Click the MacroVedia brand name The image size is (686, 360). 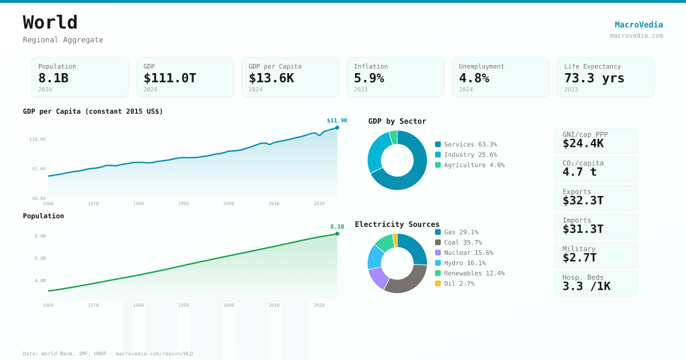[x=639, y=25]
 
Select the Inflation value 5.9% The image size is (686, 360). [x=369, y=78]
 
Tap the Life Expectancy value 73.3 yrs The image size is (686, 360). [x=594, y=78]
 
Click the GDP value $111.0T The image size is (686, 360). [x=170, y=78]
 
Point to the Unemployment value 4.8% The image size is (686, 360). [x=474, y=78]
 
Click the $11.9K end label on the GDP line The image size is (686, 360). [x=337, y=121]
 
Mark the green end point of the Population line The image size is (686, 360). [x=337, y=234]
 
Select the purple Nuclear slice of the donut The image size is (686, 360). [x=377, y=278]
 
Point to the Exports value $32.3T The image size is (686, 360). [x=583, y=201]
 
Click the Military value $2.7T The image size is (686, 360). [x=579, y=258]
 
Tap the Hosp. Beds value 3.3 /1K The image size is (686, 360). [x=586, y=286]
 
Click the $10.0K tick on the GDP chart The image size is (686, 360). [x=38, y=139]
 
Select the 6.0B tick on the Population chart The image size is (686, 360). [x=40, y=258]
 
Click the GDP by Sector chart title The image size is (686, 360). [x=397, y=121]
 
